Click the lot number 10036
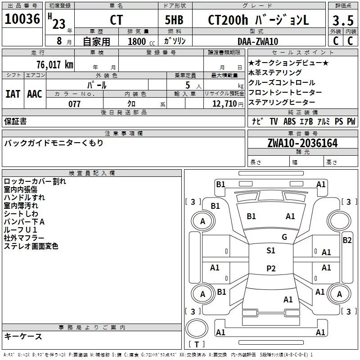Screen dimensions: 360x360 coord(22,19)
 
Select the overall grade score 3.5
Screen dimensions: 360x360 coord(343,20)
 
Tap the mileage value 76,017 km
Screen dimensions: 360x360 coord(55,64)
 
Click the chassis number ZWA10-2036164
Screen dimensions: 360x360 coord(302,143)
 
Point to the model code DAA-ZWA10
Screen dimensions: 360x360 coord(258,41)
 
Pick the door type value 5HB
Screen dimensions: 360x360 coord(174,20)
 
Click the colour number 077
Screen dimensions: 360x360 coord(74,104)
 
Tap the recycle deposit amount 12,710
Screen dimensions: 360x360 coord(225,104)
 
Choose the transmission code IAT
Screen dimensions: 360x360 coord(13,94)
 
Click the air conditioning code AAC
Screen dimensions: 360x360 coord(35,94)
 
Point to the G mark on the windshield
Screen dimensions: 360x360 coord(284,237)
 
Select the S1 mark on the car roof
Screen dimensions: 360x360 coord(271,251)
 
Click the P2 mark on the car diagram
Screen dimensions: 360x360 coord(271,268)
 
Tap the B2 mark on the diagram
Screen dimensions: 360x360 coord(347,240)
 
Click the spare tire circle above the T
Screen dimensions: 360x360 coord(197,328)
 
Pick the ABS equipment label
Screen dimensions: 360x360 coord(289,121)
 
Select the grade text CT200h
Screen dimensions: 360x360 coord(228,20)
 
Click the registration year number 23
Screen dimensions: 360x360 coord(59,24)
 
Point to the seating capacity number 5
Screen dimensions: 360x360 coord(188,85)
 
